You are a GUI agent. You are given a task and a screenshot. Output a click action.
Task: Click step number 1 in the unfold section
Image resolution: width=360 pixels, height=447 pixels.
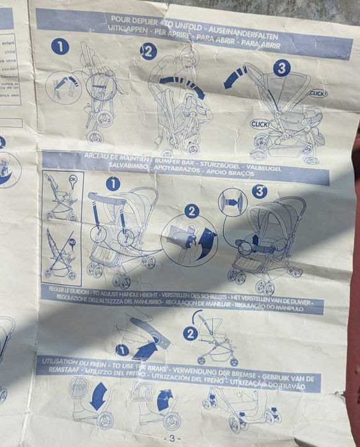click(60, 46)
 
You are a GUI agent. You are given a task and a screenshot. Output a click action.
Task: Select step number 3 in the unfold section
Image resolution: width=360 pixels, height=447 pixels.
click(281, 68)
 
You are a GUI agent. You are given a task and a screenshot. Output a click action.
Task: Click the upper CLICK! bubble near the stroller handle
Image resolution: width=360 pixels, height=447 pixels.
click(318, 93)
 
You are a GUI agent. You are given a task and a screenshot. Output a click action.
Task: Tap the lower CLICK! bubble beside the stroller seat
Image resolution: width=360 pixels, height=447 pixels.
click(260, 124)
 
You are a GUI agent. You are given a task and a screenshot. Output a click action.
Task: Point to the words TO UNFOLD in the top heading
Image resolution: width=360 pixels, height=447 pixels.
click(176, 20)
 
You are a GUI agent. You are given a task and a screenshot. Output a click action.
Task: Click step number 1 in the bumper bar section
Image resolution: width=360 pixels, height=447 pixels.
click(113, 184)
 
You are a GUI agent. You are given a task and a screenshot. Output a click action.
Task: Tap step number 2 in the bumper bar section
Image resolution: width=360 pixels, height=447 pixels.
click(192, 211)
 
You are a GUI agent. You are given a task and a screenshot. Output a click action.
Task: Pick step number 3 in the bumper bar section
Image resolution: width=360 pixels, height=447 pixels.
click(259, 191)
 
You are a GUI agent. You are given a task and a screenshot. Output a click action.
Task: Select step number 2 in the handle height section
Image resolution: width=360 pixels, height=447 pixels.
click(189, 333)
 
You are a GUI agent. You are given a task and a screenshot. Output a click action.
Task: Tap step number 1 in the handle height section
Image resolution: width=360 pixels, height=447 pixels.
click(122, 349)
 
